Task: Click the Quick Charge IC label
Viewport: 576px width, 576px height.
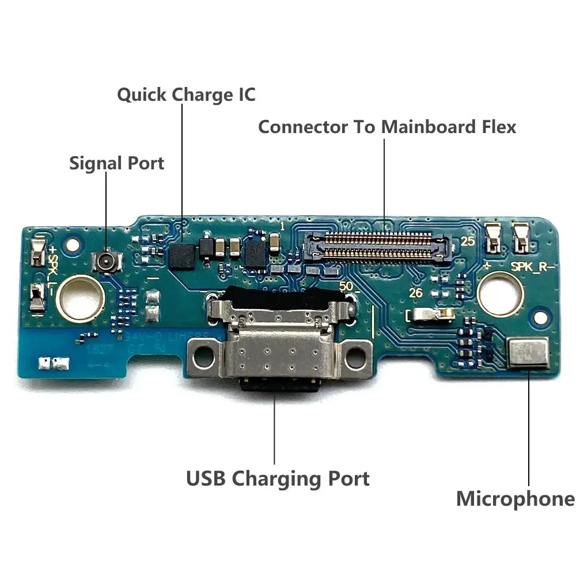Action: tap(186, 94)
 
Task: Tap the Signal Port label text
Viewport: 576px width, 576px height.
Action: tap(116, 163)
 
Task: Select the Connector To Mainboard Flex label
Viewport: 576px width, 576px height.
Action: tap(386, 127)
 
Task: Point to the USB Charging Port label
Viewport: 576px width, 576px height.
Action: tap(278, 478)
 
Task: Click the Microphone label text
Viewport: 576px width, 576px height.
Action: tap(515, 499)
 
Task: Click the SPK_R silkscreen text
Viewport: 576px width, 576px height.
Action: tap(533, 267)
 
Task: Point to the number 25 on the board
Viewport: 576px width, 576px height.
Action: tap(467, 242)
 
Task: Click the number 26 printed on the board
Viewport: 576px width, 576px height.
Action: tap(415, 293)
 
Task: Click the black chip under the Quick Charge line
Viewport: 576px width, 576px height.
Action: tap(183, 255)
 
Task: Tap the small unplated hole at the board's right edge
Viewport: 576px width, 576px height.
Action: tap(540, 317)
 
